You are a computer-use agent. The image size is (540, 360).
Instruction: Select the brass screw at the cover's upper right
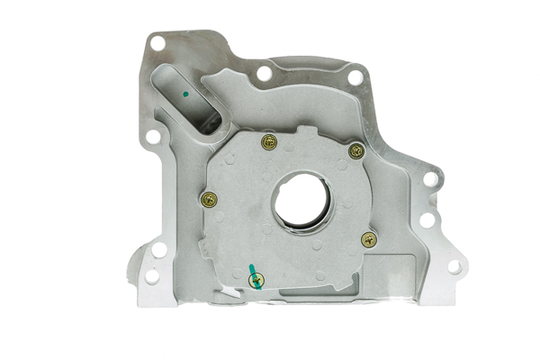pos(356,151)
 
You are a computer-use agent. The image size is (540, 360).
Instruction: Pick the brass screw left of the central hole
pos(211,200)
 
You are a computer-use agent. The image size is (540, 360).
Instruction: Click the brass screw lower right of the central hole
pos(367,239)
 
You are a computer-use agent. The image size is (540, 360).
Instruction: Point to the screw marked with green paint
pos(255,282)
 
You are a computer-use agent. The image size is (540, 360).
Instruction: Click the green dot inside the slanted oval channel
pos(184,91)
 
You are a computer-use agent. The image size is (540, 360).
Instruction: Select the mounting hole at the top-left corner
pos(157,42)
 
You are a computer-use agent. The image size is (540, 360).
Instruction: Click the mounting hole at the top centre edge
pos(264,73)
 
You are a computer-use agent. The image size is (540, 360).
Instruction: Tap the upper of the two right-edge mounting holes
pos(431,179)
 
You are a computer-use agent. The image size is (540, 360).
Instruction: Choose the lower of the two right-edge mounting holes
pos(427,219)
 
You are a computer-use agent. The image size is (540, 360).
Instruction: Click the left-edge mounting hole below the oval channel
pos(153,138)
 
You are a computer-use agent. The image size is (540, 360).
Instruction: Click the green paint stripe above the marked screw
pos(252,270)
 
